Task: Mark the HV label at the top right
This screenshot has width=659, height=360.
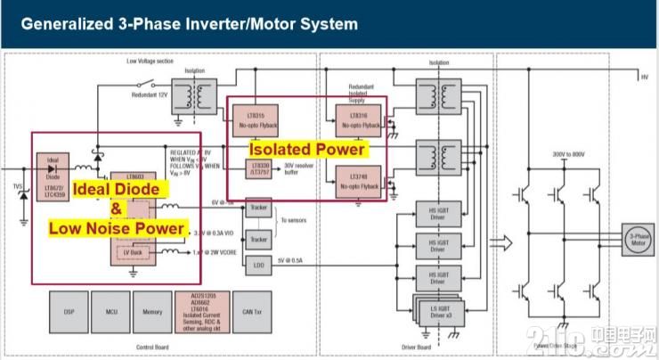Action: click(x=645, y=78)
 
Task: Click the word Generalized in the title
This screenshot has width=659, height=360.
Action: click(x=61, y=24)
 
